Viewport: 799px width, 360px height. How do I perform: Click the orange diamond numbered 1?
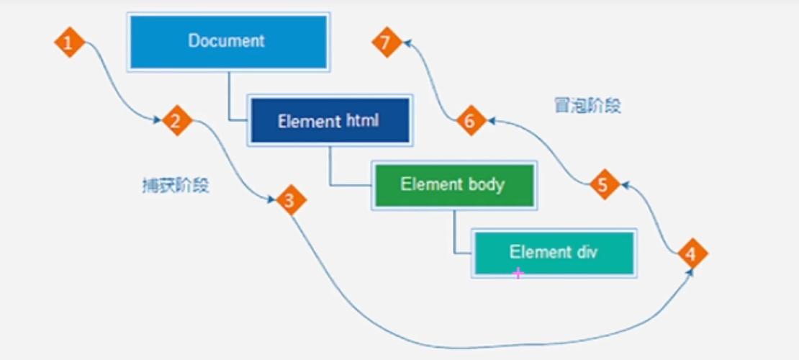[69, 42]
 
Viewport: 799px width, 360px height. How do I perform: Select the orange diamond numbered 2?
[176, 121]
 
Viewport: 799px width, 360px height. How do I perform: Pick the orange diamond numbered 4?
[692, 253]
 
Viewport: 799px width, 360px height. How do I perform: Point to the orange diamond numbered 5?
[605, 185]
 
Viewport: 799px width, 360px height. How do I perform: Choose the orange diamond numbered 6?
[471, 122]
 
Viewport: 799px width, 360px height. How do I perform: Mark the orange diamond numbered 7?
[387, 42]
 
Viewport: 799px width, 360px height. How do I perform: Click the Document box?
[228, 42]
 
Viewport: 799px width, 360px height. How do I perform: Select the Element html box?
[330, 121]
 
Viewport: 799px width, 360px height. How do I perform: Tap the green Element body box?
[453, 185]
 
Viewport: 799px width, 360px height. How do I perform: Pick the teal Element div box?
[554, 252]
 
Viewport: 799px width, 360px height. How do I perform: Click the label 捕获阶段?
[176, 185]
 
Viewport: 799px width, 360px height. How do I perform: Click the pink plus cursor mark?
[518, 273]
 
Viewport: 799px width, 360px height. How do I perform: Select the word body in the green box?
[486, 184]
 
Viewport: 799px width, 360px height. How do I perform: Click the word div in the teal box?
[585, 252]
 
